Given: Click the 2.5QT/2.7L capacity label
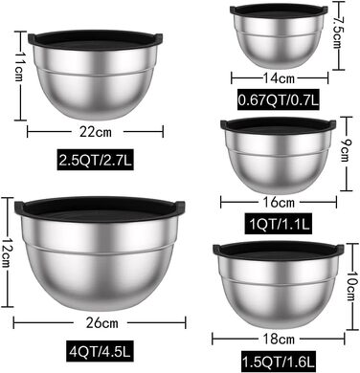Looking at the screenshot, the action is (x=96, y=160).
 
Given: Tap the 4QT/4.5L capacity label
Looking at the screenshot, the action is (x=100, y=351).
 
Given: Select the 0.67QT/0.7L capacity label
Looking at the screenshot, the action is (x=279, y=99).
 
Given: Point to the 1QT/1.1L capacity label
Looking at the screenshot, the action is (x=280, y=224).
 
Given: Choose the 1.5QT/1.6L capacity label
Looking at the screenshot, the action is (x=279, y=362).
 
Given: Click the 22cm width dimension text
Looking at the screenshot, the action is (x=96, y=131).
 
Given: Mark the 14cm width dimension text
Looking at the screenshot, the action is (x=279, y=77).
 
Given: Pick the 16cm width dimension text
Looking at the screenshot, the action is (x=279, y=202).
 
